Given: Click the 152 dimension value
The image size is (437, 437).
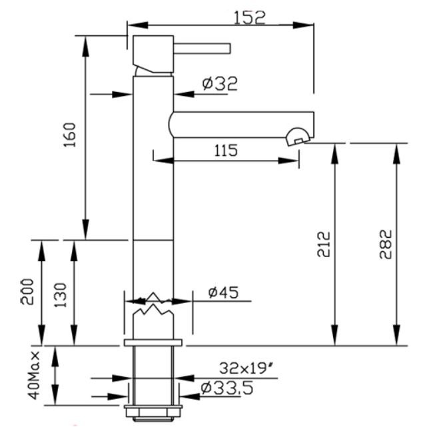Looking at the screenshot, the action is pos(249,18).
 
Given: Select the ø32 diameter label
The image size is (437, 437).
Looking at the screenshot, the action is pos(220,84).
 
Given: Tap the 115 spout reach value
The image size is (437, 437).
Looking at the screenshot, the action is pos(226,151).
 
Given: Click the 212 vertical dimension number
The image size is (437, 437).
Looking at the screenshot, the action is pos(324,244).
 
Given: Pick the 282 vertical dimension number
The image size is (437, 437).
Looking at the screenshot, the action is pos(386,244).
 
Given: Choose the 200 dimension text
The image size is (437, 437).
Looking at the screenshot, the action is pos(27,292).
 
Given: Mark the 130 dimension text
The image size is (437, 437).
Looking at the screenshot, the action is pos(61,295).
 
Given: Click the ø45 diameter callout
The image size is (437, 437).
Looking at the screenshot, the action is pos(224,292).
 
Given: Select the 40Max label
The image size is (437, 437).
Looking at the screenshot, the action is pos(35,376).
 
